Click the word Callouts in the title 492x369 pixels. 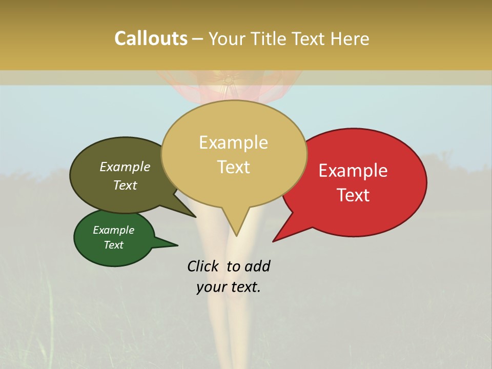151,38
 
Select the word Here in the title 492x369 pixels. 352,38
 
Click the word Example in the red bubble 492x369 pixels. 353,171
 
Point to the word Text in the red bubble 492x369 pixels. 353,195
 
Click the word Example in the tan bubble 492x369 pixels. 233,142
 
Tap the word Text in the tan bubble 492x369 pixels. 233,167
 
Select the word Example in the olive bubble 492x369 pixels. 125,167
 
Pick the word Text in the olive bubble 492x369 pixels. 125,185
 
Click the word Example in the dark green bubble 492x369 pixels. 113,230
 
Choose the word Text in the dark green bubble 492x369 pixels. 113,245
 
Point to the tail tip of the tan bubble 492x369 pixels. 236,235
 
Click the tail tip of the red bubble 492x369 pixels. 274,241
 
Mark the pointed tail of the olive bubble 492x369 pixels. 195,216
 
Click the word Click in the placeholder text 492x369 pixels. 203,266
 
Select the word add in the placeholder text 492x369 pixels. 257,266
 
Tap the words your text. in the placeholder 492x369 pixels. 229,287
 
